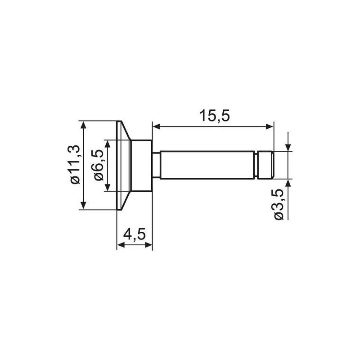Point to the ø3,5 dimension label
279,205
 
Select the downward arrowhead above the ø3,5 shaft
288,148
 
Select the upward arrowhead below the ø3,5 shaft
288,183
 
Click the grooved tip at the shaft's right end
266,165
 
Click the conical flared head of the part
124,165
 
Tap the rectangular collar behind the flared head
141,165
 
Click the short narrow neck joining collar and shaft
155,165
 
